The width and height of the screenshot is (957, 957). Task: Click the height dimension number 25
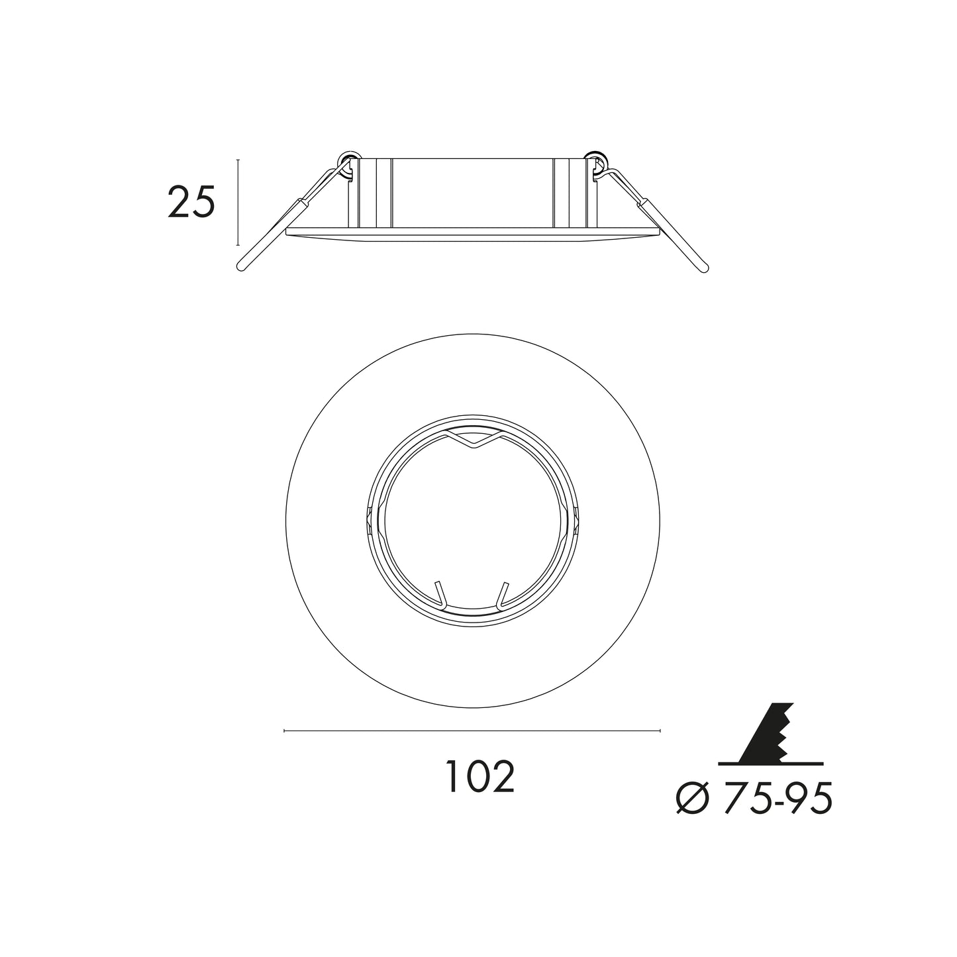pos(191,201)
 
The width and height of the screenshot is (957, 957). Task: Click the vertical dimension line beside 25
pos(238,202)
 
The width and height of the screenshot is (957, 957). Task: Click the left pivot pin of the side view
pos(346,160)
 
